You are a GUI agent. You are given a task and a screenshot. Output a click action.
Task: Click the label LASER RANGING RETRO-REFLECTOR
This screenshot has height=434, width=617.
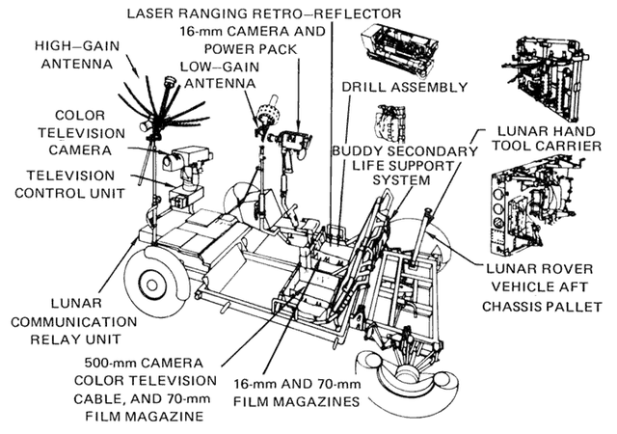(264, 14)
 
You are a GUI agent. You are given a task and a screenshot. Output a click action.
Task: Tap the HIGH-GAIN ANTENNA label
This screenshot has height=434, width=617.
(77, 55)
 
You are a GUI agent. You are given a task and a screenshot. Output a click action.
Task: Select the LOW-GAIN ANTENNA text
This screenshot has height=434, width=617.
(220, 75)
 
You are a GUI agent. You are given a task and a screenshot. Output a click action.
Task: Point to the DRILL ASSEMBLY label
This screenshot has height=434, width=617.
(405, 87)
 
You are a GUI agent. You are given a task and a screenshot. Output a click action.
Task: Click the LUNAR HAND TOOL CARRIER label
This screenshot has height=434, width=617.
(548, 138)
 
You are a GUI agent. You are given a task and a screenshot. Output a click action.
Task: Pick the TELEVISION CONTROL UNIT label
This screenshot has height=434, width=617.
(70, 184)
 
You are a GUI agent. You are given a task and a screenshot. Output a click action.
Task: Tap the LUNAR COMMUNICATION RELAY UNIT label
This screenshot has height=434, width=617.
(74, 321)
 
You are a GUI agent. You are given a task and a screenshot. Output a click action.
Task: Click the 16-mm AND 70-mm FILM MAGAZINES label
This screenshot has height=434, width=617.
(297, 393)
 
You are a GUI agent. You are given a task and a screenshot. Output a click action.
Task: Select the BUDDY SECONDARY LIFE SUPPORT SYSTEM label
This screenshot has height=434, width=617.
(405, 166)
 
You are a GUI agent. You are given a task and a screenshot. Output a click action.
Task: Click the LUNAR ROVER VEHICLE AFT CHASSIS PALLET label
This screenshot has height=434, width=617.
(542, 288)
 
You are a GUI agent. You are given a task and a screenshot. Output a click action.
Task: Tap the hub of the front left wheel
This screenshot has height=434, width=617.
(150, 285)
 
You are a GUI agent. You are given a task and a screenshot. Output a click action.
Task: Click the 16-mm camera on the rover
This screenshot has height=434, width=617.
(290, 142)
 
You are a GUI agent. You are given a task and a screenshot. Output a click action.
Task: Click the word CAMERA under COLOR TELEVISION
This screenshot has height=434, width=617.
(80, 150)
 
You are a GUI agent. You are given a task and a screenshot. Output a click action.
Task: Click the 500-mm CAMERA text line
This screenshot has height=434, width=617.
(144, 363)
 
